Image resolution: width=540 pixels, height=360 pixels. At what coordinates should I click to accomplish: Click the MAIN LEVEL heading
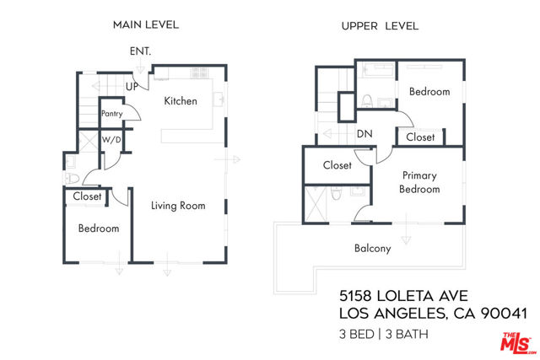point(146,25)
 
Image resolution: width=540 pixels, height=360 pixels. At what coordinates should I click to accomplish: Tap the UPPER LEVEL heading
point(380,26)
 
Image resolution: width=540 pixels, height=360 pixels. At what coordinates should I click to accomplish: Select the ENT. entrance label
point(140,51)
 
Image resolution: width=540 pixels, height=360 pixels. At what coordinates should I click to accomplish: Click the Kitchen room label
point(181,101)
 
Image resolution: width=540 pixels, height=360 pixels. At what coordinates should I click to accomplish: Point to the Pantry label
point(111,113)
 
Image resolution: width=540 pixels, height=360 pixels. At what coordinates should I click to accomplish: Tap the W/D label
point(111,140)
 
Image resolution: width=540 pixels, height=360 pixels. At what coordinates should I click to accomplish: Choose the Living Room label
point(178,205)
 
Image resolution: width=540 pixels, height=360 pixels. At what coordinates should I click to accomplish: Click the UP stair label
point(132,87)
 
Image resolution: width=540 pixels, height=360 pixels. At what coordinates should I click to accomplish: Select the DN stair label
point(364,133)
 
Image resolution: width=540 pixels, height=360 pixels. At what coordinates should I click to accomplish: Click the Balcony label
point(372,248)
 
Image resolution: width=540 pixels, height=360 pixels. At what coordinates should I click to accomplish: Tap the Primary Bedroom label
point(419,182)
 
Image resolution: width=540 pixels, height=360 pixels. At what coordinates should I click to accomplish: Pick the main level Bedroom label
point(99,228)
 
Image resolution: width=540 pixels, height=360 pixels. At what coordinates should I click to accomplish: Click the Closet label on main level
point(87,196)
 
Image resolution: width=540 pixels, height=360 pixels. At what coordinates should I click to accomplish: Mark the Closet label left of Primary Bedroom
point(337,165)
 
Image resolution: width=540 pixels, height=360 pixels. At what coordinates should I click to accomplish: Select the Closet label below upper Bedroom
point(420,137)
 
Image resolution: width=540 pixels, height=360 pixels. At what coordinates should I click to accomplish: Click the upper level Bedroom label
point(429,91)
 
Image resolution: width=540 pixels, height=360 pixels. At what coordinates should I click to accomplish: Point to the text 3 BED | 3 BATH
point(384,334)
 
